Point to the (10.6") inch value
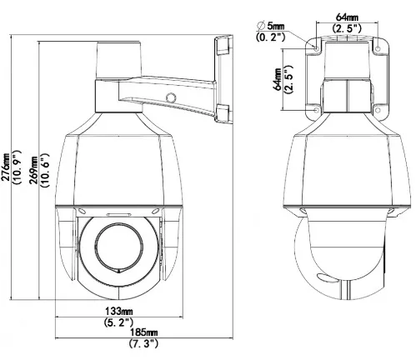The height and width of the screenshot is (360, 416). click(x=45, y=170)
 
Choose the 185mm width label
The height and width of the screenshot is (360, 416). click(x=144, y=332)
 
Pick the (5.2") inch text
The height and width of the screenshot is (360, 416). click(x=118, y=322)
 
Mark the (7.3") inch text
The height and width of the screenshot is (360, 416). click(x=144, y=343)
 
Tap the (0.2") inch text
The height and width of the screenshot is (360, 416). click(x=271, y=37)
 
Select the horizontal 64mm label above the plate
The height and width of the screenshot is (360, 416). click(x=347, y=17)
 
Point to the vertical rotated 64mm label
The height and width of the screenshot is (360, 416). click(x=277, y=79)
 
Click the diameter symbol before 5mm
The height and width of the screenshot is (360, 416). click(x=261, y=26)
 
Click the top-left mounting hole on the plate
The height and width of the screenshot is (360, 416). click(x=317, y=48)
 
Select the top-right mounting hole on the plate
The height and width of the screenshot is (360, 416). click(x=378, y=48)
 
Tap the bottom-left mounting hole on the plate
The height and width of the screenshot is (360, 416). click(x=317, y=110)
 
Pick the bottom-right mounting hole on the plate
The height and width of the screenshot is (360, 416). click(x=378, y=110)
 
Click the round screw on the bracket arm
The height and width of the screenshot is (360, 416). click(x=171, y=97)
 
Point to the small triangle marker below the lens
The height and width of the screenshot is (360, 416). click(x=119, y=272)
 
